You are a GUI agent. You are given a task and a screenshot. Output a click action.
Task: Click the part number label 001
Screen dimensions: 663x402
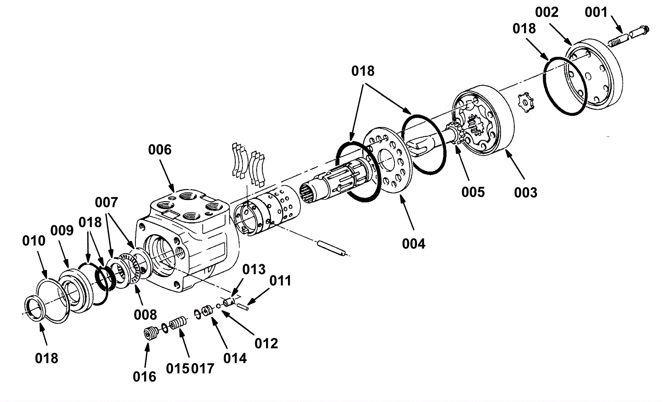[596, 12]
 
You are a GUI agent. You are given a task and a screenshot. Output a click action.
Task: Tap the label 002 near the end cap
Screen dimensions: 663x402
[547, 12]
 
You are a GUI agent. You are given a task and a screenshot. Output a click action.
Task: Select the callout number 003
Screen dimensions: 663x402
[526, 193]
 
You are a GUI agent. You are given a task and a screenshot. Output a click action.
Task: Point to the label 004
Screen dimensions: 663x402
[414, 244]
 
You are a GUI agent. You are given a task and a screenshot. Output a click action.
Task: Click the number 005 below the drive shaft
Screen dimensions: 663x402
[473, 192]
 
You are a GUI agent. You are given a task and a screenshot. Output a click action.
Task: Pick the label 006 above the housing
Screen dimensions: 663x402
[160, 150]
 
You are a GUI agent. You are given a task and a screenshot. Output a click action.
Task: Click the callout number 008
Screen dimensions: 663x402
[145, 315]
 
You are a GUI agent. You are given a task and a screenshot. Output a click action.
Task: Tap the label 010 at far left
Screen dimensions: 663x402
[34, 241]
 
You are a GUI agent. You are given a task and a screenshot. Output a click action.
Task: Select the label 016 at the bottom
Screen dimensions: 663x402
[145, 377]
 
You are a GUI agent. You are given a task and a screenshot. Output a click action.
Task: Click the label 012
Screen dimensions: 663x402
[266, 344]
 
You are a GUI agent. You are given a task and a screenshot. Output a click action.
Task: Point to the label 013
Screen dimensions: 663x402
[254, 270]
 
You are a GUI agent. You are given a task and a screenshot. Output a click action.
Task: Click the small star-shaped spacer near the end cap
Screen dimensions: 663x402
[527, 103]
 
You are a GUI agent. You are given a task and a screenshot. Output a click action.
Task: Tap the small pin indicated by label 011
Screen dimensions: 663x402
[242, 306]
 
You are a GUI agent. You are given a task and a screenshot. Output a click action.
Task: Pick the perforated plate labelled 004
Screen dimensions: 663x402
[387, 160]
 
